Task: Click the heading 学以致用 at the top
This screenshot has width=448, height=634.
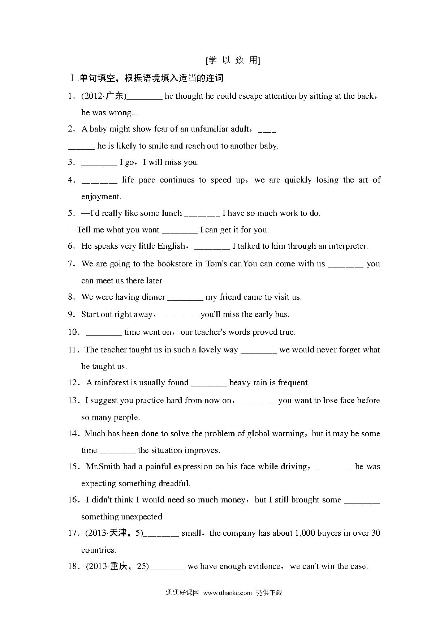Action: coord(233,60)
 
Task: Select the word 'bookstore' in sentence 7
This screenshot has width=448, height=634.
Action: coord(175,264)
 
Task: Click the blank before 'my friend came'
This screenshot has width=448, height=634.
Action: coord(185,297)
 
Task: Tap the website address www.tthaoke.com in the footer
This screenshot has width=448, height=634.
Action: coord(227,593)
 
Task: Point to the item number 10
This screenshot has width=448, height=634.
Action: coord(73,332)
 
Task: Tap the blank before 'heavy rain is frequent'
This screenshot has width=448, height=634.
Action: coord(209,383)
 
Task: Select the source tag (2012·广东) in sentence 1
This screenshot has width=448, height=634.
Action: coord(104,96)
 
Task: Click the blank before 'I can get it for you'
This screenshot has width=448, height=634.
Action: coord(180,230)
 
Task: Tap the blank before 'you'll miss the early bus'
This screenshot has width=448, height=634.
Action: coord(180,315)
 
